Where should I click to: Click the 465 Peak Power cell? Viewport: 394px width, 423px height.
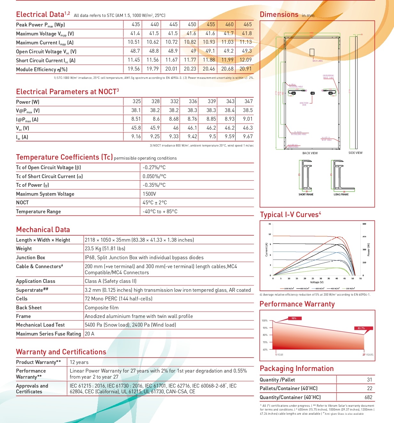[x=248, y=25]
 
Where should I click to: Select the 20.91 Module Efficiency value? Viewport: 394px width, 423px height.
[x=246, y=69]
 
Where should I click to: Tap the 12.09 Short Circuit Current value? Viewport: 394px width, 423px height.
[x=246, y=60]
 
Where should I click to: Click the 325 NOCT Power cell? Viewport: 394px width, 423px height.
[x=137, y=102]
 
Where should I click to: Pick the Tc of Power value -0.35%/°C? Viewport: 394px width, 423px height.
[x=154, y=185]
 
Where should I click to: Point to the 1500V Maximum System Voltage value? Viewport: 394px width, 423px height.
[x=149, y=194]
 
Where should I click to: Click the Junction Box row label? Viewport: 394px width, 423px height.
[x=30, y=258]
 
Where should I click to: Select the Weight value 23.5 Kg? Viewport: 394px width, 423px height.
[x=105, y=249]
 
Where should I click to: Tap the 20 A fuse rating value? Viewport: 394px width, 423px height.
[x=90, y=334]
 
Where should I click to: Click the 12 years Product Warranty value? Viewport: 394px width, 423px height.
[x=79, y=362]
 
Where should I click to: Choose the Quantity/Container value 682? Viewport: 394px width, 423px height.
[x=368, y=397]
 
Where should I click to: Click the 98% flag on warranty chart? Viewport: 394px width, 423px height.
[x=294, y=318]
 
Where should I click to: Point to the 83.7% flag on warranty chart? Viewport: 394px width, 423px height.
[x=361, y=328]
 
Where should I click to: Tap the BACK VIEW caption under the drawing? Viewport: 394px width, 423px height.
[x=310, y=153]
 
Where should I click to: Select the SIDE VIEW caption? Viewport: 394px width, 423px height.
[x=355, y=153]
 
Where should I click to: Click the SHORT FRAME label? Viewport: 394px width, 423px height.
[x=306, y=194]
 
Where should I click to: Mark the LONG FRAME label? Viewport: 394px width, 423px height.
[x=341, y=194]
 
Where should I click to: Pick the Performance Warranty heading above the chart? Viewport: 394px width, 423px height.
[x=297, y=304]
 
